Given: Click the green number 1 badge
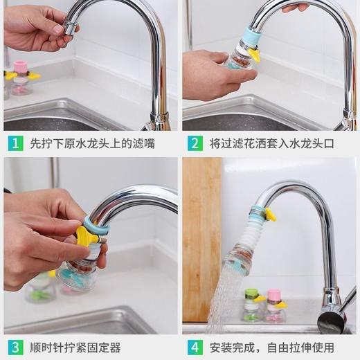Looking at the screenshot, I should [15, 144].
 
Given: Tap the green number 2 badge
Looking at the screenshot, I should [196, 144].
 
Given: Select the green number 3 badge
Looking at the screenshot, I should [15, 347].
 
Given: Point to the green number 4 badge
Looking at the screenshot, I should [196, 347].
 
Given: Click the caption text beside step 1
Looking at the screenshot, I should [92, 144].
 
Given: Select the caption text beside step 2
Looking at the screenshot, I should [271, 144].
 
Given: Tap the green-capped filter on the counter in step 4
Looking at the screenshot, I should [253, 305].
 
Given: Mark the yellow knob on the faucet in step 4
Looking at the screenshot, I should [269, 215].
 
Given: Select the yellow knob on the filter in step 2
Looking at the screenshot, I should [255, 55].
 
